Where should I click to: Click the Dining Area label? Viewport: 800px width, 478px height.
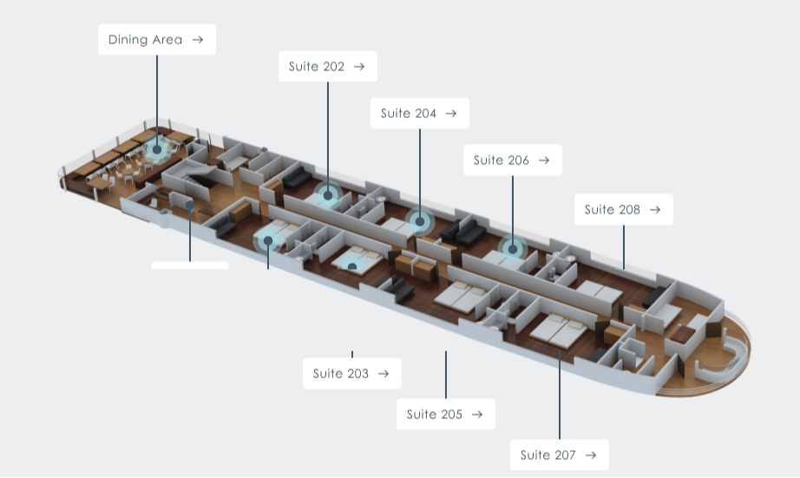point(157,40)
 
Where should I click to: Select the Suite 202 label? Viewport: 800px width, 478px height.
point(328,66)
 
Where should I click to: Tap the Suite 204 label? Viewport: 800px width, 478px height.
point(419,114)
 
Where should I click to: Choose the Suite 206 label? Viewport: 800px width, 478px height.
point(512,160)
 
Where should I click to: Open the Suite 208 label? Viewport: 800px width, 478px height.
point(624,210)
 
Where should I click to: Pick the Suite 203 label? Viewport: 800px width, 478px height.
point(352,373)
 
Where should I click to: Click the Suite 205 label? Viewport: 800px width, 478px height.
point(445,414)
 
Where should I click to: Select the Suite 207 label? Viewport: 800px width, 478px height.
point(559,455)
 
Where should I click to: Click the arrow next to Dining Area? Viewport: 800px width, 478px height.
point(198,40)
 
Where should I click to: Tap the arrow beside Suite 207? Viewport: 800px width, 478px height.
point(591,455)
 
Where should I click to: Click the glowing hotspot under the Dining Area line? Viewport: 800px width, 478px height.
point(157,149)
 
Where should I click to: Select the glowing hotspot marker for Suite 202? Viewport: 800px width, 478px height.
point(328,195)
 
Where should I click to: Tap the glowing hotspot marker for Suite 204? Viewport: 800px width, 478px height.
point(420,221)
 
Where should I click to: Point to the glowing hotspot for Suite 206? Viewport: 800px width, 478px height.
point(513,250)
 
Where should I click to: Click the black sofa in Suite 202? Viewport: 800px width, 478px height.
point(297,178)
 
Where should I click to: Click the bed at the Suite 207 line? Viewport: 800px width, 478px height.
point(559,330)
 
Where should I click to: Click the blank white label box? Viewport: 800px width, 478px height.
point(190,265)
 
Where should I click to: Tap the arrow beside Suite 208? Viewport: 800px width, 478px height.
point(655,210)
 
